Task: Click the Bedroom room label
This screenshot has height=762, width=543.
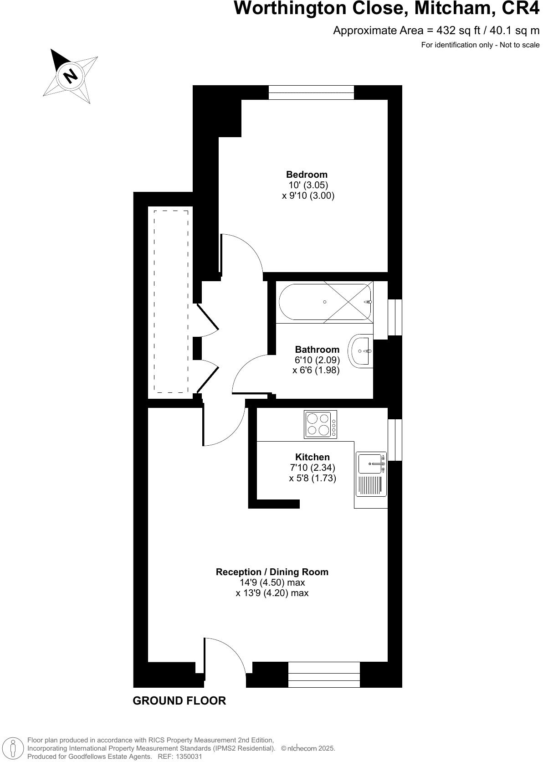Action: (x=307, y=174)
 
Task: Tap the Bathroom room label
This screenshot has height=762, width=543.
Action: (x=317, y=350)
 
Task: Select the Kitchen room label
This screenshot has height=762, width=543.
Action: (x=312, y=457)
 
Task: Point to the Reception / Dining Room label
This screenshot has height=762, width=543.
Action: (x=272, y=572)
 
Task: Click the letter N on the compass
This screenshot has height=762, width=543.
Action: (x=70, y=75)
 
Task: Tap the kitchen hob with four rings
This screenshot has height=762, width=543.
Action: (x=320, y=425)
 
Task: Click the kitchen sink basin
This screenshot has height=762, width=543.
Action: (x=370, y=463)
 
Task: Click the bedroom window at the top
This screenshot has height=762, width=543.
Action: (x=311, y=93)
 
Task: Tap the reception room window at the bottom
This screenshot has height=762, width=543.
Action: (x=324, y=674)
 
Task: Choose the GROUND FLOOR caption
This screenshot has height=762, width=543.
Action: (x=179, y=700)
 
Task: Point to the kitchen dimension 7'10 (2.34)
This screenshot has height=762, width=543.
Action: (x=312, y=468)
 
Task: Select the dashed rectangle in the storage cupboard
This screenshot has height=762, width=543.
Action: (x=171, y=301)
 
